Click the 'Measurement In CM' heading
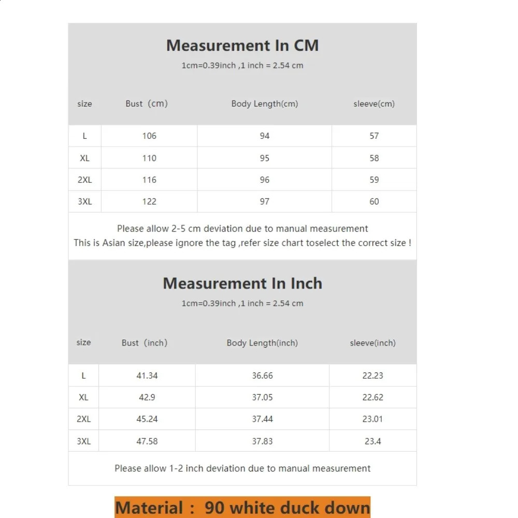pyautogui.click(x=242, y=46)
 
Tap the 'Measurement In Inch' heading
pyautogui.click(x=242, y=283)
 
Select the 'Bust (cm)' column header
pyautogui.click(x=147, y=104)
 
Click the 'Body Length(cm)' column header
pyautogui.click(x=264, y=104)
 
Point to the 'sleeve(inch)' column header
pyautogui.click(x=372, y=343)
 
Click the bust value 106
pyautogui.click(x=149, y=136)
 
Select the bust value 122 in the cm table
pyautogui.click(x=149, y=202)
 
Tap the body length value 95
pyautogui.click(x=265, y=158)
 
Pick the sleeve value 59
pyautogui.click(x=374, y=180)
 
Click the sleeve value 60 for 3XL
pyautogui.click(x=374, y=202)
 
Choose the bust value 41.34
pyautogui.click(x=147, y=376)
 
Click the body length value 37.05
pyautogui.click(x=262, y=397)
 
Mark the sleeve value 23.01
pyautogui.click(x=372, y=419)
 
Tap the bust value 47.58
pyautogui.click(x=147, y=441)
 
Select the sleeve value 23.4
pyautogui.click(x=372, y=441)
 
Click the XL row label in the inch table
pyautogui.click(x=83, y=397)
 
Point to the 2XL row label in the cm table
pyautogui.click(x=84, y=180)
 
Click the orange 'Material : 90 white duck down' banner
pyautogui.click(x=242, y=508)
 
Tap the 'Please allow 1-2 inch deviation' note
pyautogui.click(x=242, y=468)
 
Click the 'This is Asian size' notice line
pyautogui.click(x=242, y=242)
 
